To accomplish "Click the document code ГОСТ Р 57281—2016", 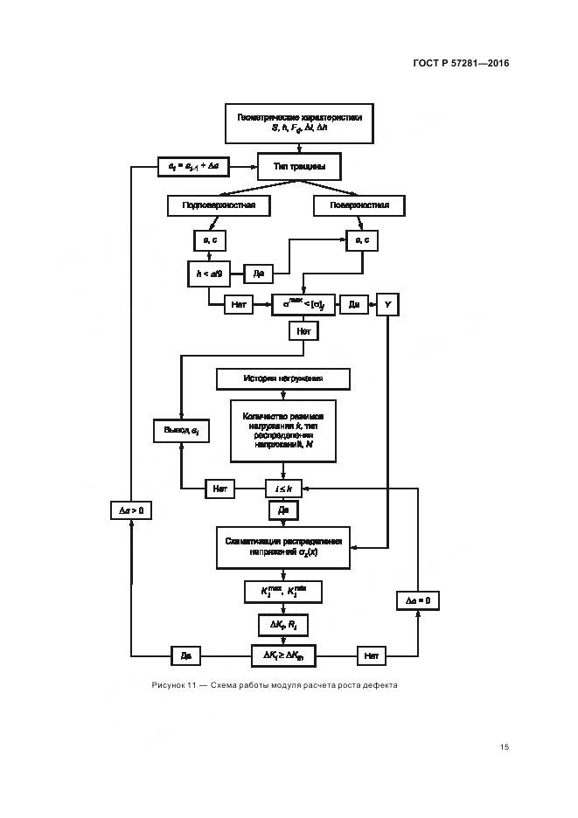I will point(459,64).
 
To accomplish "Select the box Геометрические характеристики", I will point(299,122).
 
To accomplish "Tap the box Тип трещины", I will point(298,165).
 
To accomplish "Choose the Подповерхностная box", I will point(219,205).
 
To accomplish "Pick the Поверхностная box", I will point(359,205).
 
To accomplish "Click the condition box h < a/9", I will point(208,274).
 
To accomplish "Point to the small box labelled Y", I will point(386,304).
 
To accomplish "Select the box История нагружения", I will point(282,378).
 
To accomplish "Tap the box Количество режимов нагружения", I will point(282,430).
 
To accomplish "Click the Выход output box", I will point(182,430).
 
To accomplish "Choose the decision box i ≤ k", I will point(283,489).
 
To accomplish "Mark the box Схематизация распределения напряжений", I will point(282,546).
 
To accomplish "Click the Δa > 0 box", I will point(130,510).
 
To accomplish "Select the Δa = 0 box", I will point(417,600).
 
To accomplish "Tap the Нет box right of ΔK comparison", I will point(371,654).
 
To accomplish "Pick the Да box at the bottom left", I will point(185,654).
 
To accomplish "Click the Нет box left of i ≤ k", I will point(220,489).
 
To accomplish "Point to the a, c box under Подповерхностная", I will point(208,239).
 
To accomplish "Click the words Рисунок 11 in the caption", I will point(172,685).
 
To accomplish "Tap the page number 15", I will point(504,747).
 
